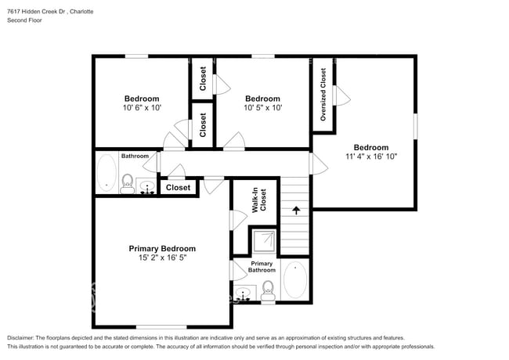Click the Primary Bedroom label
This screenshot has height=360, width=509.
[x=162, y=248]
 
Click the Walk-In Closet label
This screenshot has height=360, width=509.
[x=259, y=201]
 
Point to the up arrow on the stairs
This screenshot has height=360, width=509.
[x=296, y=210]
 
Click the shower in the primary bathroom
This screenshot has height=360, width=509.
[x=262, y=239]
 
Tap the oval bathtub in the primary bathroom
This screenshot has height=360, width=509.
[x=295, y=280]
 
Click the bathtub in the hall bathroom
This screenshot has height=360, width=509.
[x=106, y=172]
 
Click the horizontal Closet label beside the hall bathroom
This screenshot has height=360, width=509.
[x=178, y=188]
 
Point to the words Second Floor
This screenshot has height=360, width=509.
[x=25, y=20]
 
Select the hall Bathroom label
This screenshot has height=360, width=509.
[x=135, y=156]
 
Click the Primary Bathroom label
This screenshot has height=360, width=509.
[x=262, y=266]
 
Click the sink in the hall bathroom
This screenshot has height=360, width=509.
[x=146, y=189]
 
